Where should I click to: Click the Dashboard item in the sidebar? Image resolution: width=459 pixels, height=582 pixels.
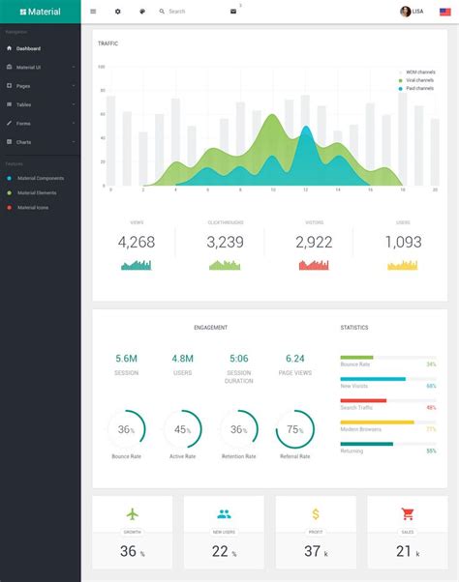pos(27,47)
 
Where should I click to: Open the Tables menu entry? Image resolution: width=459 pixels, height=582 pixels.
pos(23,104)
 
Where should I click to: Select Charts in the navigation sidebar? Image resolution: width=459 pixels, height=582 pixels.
pos(23,142)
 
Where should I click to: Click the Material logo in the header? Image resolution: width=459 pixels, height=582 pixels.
pos(40,12)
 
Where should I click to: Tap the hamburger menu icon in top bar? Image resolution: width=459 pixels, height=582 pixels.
pos(93,12)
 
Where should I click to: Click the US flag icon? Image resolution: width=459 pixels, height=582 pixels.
pos(444,12)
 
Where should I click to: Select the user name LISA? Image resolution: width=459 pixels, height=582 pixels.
pos(417,12)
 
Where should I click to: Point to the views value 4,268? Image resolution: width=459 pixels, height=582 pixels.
pos(137,242)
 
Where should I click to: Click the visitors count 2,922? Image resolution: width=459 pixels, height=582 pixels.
pos(314,242)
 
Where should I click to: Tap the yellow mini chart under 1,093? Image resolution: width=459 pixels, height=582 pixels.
pos(403,264)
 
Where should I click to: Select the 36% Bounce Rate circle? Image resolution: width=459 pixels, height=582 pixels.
pos(127,429)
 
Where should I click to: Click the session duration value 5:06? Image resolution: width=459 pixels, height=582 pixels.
pos(239,358)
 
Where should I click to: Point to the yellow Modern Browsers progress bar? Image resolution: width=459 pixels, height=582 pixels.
pos(377,422)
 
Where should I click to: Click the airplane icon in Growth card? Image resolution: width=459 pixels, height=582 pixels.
pos(133,514)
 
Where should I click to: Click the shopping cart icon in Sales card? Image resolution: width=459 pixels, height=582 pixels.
pos(408,514)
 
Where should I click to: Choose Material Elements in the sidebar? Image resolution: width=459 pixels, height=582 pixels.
pos(37,192)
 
